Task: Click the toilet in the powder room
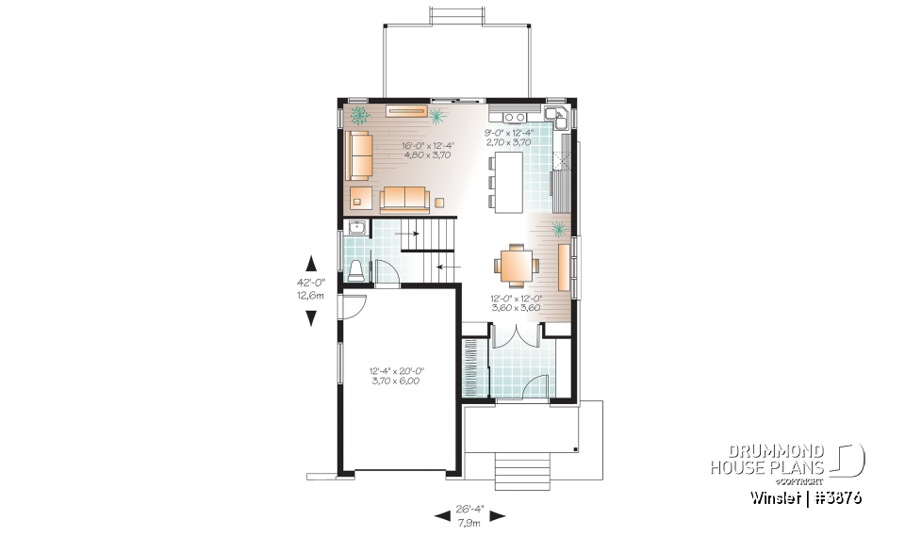pyautogui.click(x=356, y=271)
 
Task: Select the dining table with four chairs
pyautogui.click(x=516, y=264)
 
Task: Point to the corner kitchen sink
pyautogui.click(x=561, y=118)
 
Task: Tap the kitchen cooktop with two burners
pyautogui.click(x=515, y=117)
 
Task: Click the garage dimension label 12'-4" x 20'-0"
pyautogui.click(x=395, y=375)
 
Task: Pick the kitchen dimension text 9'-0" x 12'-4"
pyautogui.click(x=508, y=137)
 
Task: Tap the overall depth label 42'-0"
pyautogui.click(x=310, y=280)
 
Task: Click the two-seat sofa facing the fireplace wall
pyautogui.click(x=404, y=199)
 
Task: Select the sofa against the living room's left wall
pyautogui.click(x=358, y=155)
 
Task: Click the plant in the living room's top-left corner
pyautogui.click(x=359, y=117)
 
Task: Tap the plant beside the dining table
pyautogui.click(x=558, y=228)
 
